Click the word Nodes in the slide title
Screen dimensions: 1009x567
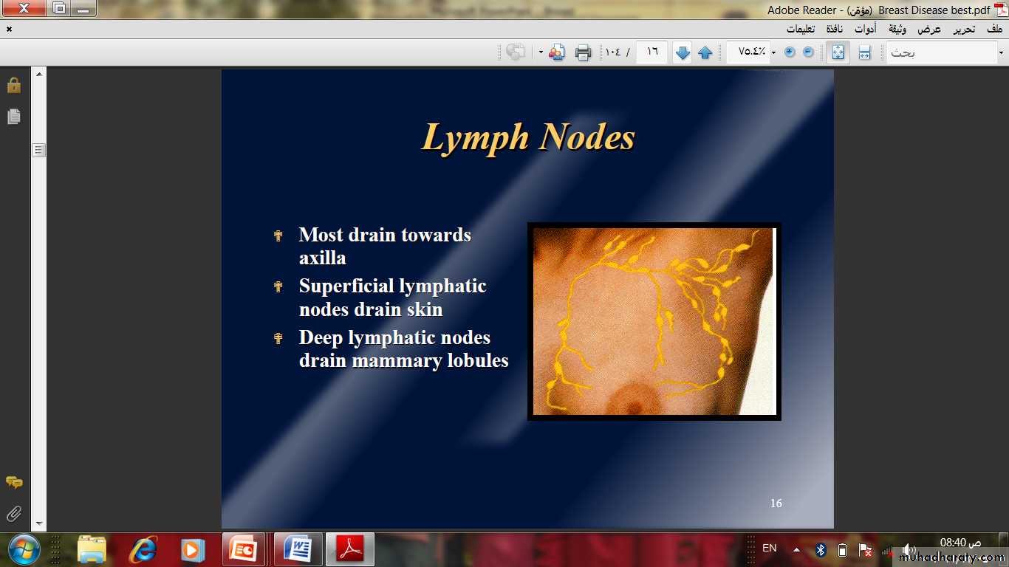587,137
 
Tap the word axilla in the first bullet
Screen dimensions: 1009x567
323,258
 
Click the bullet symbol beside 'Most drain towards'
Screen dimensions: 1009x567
278,236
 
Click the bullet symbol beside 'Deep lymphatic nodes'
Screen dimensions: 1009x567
278,338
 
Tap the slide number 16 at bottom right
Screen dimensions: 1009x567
776,503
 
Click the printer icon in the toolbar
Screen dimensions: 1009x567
583,52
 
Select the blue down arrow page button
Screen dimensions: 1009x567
683,52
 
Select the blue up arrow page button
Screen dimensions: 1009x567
705,52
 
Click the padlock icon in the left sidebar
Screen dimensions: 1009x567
14,85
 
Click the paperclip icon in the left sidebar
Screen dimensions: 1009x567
14,513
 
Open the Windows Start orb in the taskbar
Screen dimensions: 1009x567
24,550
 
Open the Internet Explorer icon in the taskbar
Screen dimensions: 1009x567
143,550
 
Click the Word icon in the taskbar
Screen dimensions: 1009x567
298,550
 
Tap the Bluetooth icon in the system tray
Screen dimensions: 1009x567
821,550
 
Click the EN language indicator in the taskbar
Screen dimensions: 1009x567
770,548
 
